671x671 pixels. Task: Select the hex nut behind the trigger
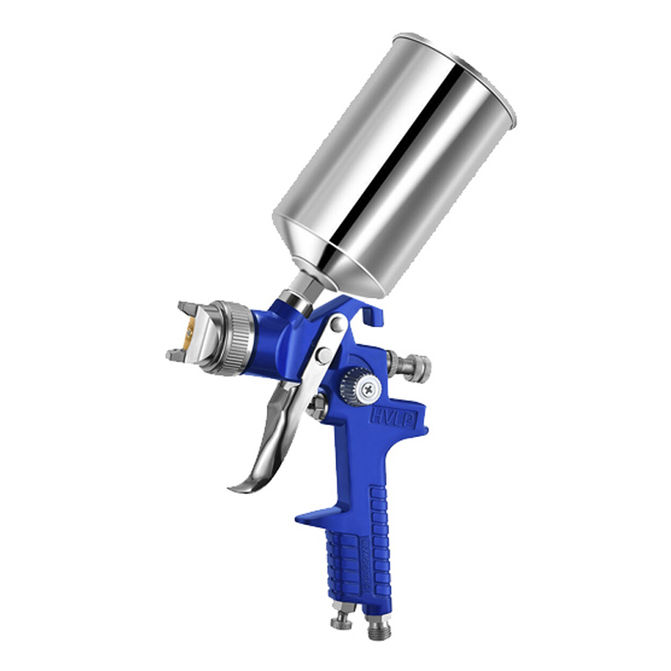[316, 408]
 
